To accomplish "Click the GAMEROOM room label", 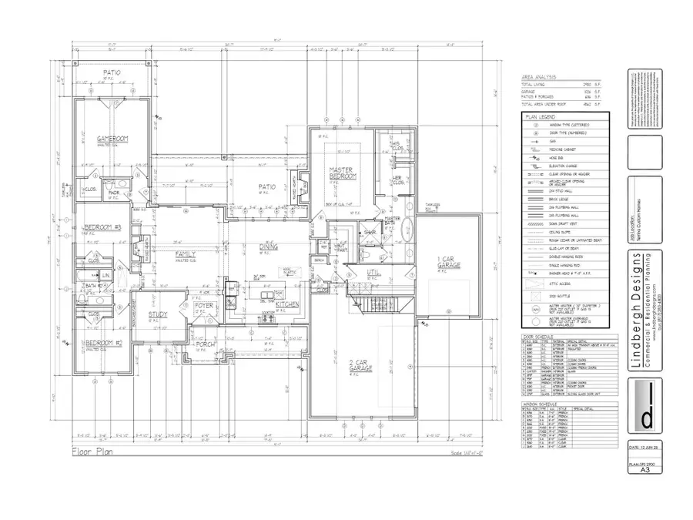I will click(x=106, y=139).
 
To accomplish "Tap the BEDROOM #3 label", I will click(x=102, y=227).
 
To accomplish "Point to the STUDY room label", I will click(x=158, y=314).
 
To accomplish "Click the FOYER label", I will click(x=203, y=306).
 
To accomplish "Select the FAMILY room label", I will click(x=185, y=253).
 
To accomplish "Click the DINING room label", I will click(x=268, y=246).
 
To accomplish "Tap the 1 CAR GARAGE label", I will click(x=450, y=262).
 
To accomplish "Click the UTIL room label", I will click(x=372, y=272).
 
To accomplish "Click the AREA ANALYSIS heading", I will click(x=539, y=78).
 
